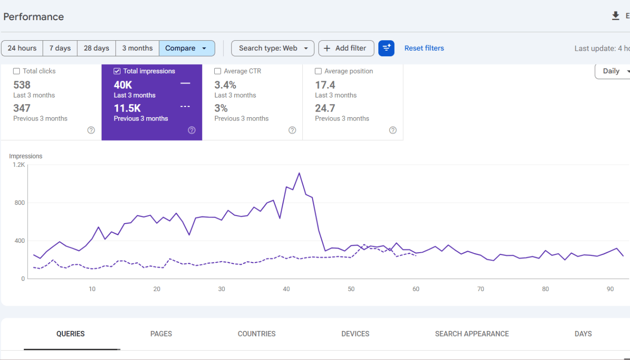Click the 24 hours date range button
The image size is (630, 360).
tap(22, 48)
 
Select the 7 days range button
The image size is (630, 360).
tap(60, 48)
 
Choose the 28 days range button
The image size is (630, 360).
tap(96, 48)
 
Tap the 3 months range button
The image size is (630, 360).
tap(137, 48)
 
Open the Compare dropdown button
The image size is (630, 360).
tap(187, 48)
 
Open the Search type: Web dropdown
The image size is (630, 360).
tap(272, 48)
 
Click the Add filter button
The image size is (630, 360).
tap(346, 48)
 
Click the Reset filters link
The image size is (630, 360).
tap(424, 48)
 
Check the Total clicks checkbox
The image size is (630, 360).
tap(16, 71)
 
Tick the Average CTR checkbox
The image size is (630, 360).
tap(217, 71)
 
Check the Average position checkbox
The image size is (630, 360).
tap(318, 71)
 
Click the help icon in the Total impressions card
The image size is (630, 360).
tap(192, 130)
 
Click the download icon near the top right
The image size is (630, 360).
tap(615, 16)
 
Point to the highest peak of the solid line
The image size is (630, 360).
tap(299, 172)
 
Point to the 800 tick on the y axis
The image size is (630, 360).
tap(20, 202)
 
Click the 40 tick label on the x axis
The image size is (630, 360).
tap(286, 289)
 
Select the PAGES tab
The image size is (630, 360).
tap(161, 334)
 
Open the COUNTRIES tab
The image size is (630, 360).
tap(256, 334)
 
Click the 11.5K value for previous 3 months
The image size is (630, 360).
tap(127, 108)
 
